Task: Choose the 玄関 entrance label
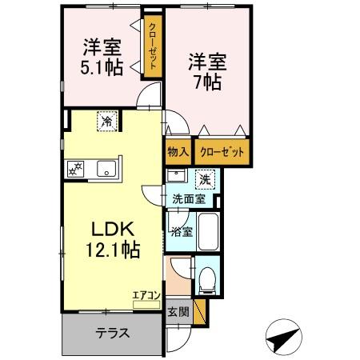pos(178,312)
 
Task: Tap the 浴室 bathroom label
pos(180,232)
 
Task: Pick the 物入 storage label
pos(178,151)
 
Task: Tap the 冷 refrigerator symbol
pos(105,122)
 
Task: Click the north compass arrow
pos(283,337)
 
